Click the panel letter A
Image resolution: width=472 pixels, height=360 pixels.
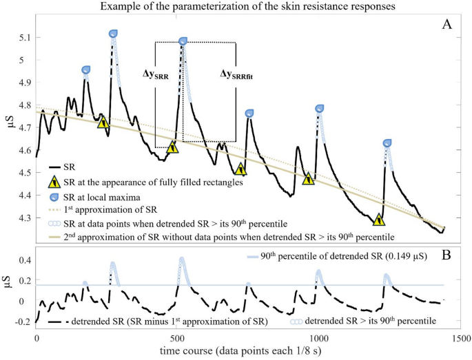tap(447, 25)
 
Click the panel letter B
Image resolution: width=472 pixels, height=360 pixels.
tap(447, 254)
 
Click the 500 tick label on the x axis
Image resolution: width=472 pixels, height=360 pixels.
tap(177, 339)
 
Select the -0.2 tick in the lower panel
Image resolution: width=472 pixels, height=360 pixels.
tap(21, 321)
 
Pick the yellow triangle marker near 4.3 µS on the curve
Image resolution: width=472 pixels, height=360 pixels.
tap(378, 220)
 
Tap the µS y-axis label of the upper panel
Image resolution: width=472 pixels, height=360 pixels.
tap(10, 128)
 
